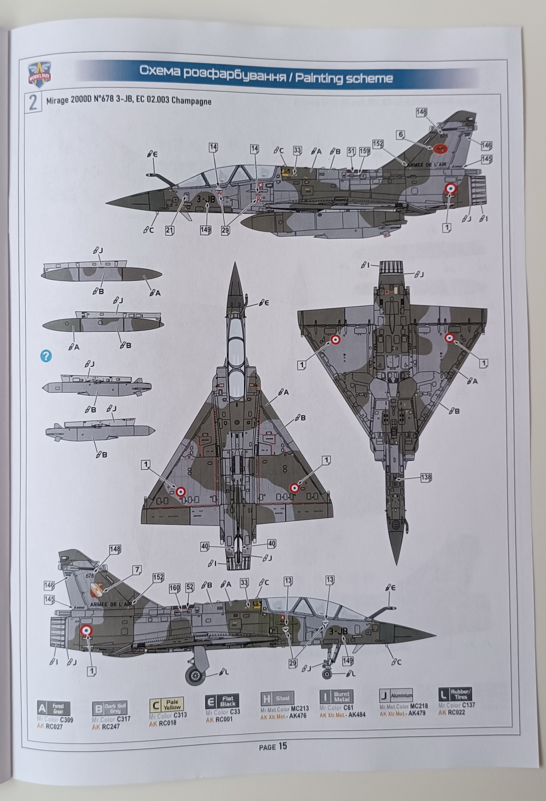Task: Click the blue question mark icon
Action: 46,356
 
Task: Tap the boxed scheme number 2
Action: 34,103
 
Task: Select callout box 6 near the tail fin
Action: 401,135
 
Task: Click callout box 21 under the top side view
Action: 170,230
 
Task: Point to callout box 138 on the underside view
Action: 426,477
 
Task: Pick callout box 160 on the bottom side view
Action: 175,588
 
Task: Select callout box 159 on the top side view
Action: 364,152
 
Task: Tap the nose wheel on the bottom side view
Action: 327,674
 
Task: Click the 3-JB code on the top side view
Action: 206,199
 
